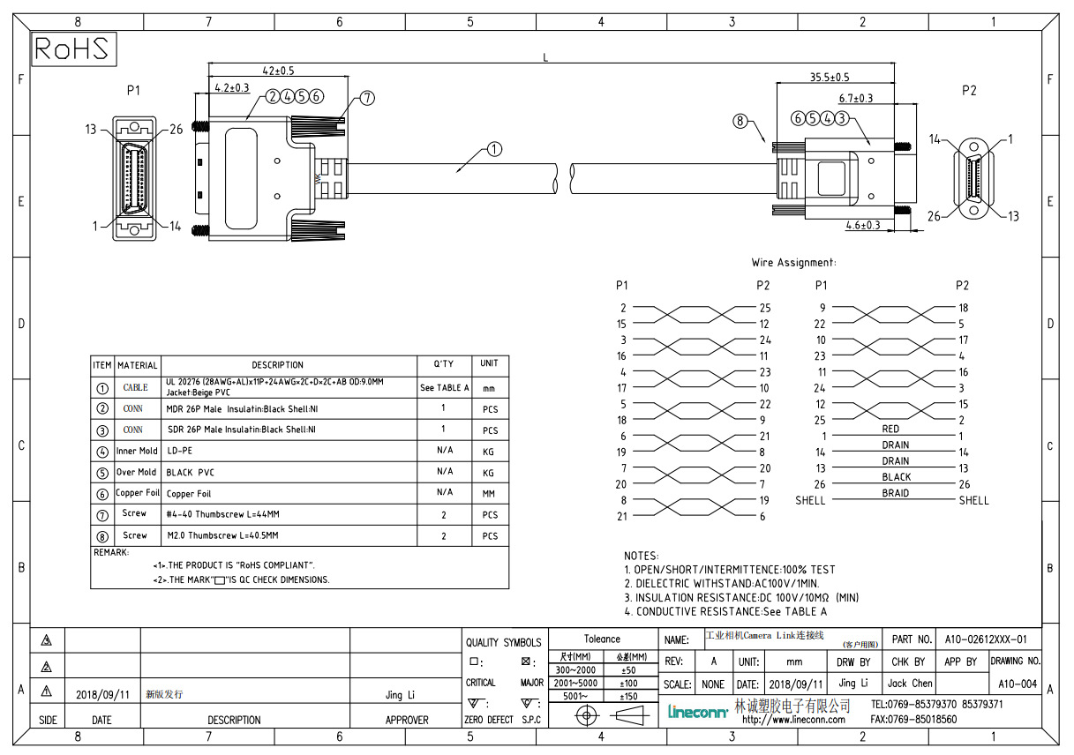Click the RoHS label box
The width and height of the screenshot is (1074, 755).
coord(73,49)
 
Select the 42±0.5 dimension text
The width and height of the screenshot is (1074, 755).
coord(278,71)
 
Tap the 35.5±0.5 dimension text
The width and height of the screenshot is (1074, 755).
coord(830,78)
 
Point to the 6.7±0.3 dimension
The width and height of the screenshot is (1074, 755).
coord(855,99)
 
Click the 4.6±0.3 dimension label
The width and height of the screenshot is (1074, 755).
coord(863,225)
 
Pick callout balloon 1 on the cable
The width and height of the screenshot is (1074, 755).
coord(494,149)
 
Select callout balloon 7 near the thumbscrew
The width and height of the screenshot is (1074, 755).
coord(367,98)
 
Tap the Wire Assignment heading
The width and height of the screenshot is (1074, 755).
coord(793,263)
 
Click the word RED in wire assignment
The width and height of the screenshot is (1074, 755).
coord(890,430)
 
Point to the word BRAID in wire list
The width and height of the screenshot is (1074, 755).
coord(895,494)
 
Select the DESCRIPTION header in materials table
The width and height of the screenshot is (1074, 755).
coord(277,365)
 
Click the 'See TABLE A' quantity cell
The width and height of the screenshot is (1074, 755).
coord(444,388)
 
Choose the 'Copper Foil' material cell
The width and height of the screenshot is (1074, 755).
coord(138,493)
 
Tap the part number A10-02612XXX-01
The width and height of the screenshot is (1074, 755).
coord(986,639)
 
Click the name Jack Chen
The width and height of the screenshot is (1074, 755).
coord(909,684)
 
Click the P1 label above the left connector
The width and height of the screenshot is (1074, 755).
coord(133,90)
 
